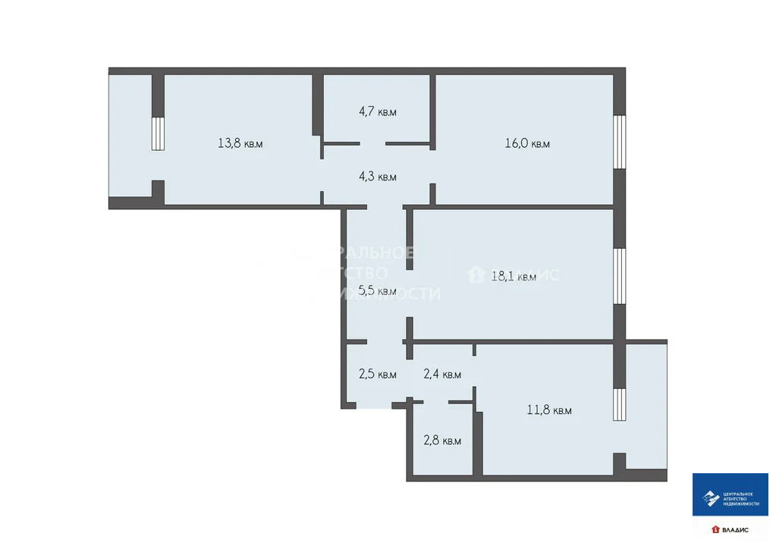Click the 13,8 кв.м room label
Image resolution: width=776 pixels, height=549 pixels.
pos(240,143)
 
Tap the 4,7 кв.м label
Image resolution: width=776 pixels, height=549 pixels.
pos(377,112)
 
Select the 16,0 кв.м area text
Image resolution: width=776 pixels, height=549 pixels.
pos(527,143)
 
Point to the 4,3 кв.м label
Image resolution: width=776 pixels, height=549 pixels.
pos(377,177)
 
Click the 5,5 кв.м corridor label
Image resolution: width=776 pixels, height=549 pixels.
pos(377,290)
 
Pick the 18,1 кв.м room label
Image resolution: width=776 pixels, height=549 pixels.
pos(514,277)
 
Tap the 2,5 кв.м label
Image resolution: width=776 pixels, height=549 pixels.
pos(377,374)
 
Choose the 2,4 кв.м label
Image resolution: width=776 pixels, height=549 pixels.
pos(442,374)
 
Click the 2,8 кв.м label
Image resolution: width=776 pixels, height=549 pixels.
pos(442,441)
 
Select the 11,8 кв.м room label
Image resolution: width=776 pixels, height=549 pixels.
pos(549,411)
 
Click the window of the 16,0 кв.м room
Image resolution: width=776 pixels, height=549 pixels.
pos(620,142)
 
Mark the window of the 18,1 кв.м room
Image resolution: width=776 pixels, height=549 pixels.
pos(620,277)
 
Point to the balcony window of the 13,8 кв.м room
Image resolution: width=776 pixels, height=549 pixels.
pos(158,133)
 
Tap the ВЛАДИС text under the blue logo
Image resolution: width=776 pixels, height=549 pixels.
pos(734,529)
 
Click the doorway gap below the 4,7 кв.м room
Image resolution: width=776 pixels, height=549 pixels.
pos(372,143)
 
